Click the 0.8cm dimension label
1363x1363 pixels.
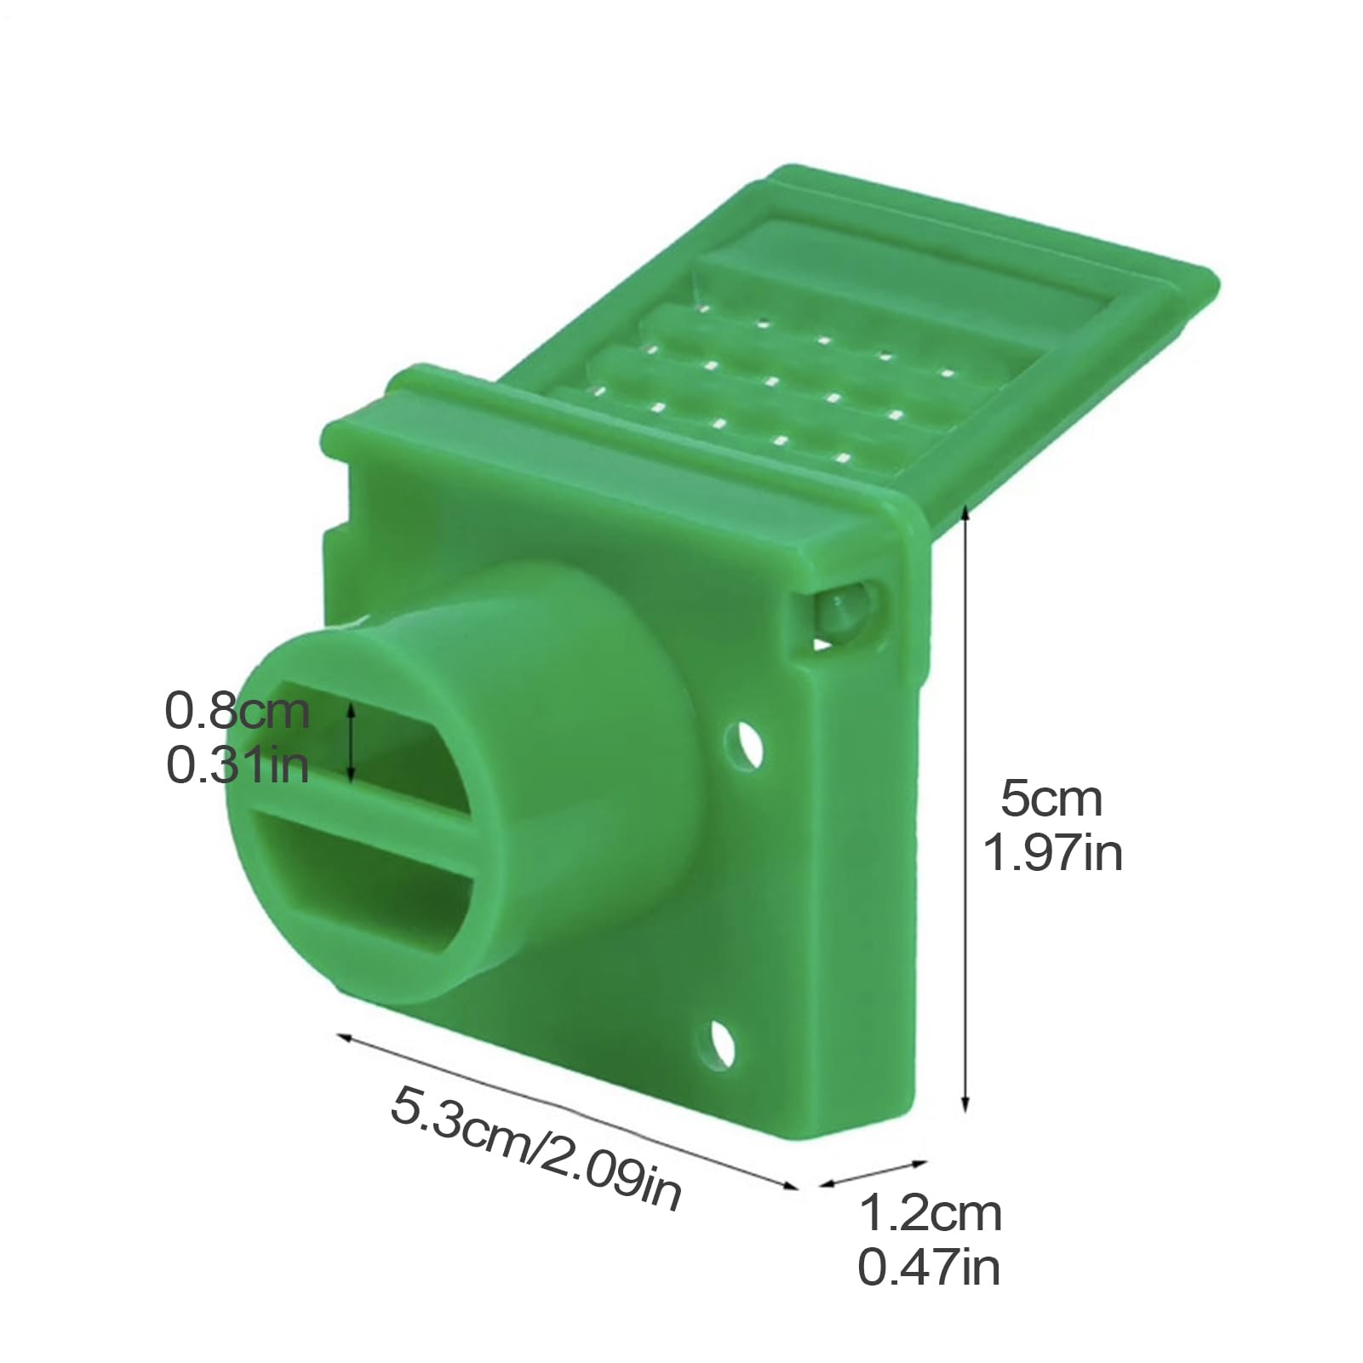point(237,711)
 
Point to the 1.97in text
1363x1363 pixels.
point(1053,852)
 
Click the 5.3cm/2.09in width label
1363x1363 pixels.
point(536,1148)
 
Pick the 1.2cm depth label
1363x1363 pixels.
point(930,1213)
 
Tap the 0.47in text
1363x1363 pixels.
point(929,1268)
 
